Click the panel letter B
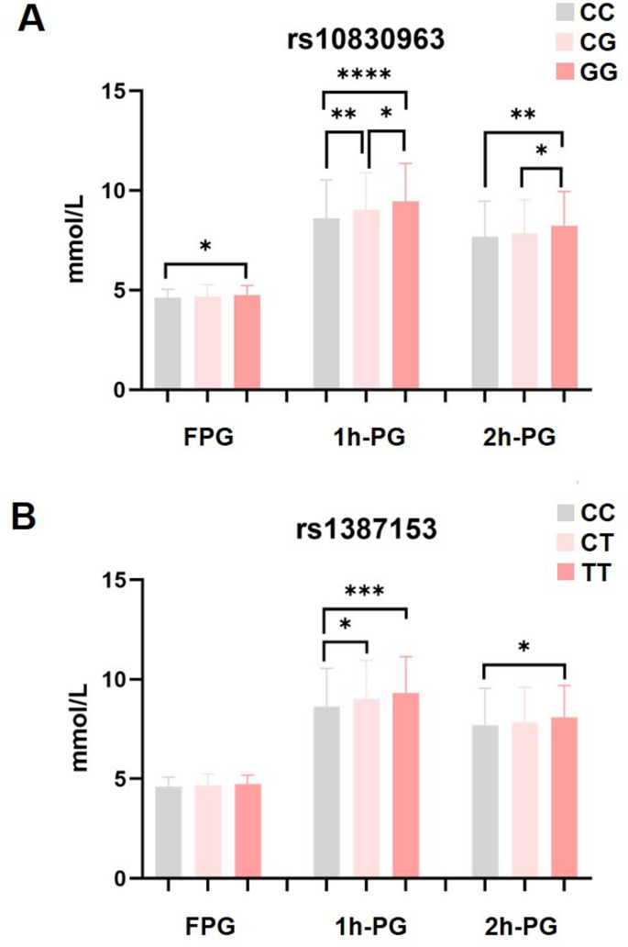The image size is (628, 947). [31, 516]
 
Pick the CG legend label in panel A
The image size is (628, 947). [599, 42]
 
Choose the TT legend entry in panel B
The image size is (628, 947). [599, 574]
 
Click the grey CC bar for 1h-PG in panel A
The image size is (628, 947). [326, 304]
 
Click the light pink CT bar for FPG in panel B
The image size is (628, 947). [207, 831]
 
